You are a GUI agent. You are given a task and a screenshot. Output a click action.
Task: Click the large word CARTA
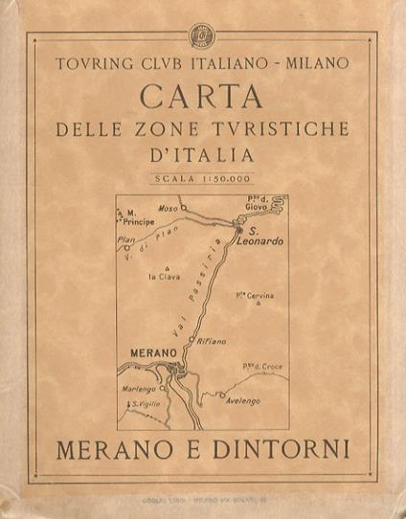pyautogui.click(x=202, y=96)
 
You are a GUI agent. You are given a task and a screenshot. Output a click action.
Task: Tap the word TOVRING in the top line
pyautogui.click(x=92, y=65)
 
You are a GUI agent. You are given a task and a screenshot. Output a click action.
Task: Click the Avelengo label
pyautogui.click(x=243, y=401)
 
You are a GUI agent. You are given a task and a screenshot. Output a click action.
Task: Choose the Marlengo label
pyautogui.click(x=138, y=389)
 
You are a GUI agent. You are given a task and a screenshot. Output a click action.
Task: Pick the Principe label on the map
pyautogui.click(x=139, y=220)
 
